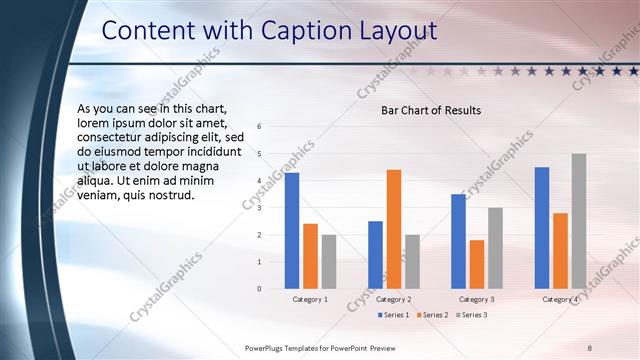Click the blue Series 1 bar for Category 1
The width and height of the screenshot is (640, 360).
coord(292,231)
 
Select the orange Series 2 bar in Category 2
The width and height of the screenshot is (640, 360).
coord(394,229)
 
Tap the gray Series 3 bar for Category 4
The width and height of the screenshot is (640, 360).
coord(579,221)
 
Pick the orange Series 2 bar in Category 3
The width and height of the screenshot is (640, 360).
coord(477,264)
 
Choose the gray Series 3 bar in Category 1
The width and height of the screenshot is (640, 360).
coord(329,262)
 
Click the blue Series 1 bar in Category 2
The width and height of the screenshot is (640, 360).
coord(375,255)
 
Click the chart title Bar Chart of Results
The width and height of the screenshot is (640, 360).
coord(431,110)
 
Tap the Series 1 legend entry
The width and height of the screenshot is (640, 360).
coord(395,316)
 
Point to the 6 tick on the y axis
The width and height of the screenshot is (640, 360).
coord(259,127)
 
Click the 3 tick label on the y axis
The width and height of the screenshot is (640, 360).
coord(259,208)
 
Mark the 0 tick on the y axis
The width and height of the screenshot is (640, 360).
coord(259,289)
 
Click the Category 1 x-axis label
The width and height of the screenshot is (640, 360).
coord(310,300)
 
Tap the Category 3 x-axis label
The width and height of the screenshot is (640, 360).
coord(477,300)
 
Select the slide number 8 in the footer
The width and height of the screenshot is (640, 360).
coord(590,347)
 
